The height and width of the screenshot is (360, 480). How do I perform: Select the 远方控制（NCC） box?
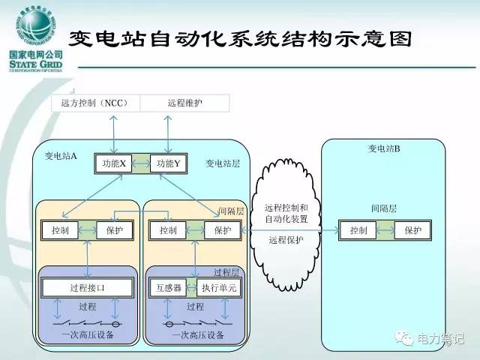click(95, 103)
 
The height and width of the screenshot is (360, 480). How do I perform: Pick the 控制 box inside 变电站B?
click(358, 231)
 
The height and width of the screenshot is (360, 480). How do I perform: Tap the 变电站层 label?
click(223, 163)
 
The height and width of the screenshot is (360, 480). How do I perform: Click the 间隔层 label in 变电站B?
click(383, 208)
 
